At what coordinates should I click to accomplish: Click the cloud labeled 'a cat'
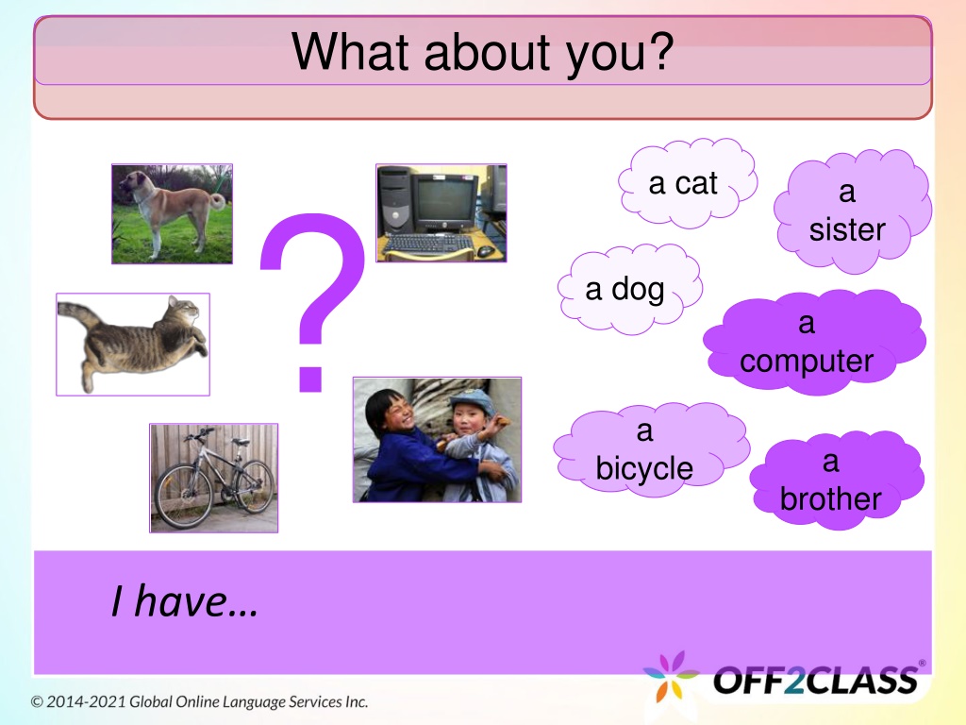coord(687,182)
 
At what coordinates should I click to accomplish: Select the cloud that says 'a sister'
coord(853,211)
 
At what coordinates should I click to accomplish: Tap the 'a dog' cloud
coord(629,289)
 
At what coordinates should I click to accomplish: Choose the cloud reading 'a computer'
coord(814,341)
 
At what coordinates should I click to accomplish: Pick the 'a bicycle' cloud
coord(651,448)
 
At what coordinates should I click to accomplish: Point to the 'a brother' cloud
coord(836,479)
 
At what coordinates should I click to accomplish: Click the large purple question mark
coord(312,302)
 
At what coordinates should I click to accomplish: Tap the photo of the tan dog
coord(172,213)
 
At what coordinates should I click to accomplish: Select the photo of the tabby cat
coord(133,344)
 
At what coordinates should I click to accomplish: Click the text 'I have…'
coord(184,601)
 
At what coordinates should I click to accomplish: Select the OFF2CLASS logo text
coord(815,680)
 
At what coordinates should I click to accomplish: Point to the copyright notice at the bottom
coord(200,701)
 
